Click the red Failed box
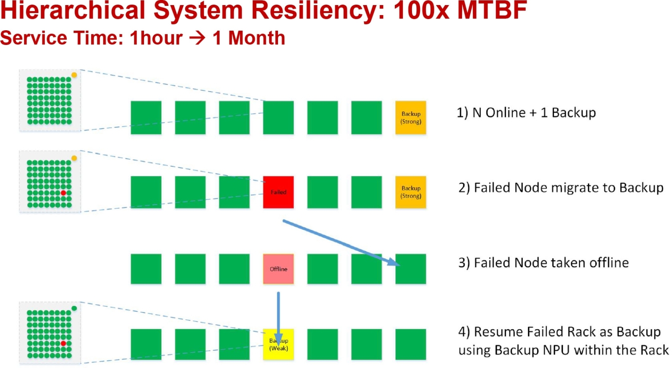point(278,192)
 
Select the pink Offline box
point(278,269)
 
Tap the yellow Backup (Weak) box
point(278,344)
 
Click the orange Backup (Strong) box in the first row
point(410,118)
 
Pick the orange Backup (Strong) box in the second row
point(410,192)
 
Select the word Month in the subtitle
point(257,38)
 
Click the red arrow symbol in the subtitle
point(197,38)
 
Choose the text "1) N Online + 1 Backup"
point(526,113)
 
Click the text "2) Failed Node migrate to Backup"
point(561,187)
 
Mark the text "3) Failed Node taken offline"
point(543,263)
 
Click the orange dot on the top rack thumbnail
point(74,75)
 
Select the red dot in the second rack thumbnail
point(63,193)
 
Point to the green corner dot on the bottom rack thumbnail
point(74,308)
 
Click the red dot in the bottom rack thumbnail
point(63,343)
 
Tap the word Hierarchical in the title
point(72,10)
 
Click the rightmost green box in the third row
point(410,269)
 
